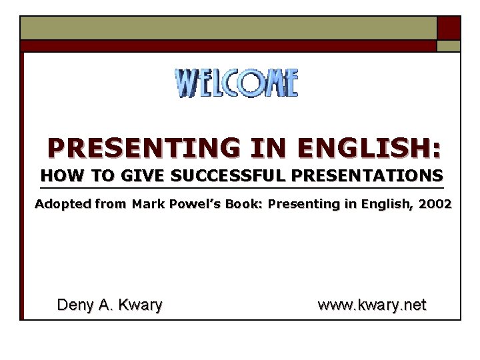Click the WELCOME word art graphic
pos(237,83)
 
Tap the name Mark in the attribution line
pos(146,204)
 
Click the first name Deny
pos(74,305)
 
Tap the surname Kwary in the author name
pos(140,305)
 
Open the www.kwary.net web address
pos(371,305)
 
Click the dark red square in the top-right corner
pos(448,28)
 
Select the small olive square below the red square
pos(448,46)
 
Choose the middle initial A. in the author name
pos(105,305)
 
